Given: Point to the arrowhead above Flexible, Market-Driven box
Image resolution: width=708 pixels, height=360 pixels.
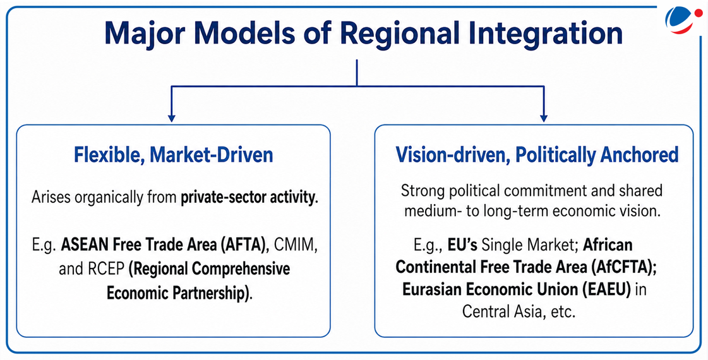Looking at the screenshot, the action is tap(171, 118).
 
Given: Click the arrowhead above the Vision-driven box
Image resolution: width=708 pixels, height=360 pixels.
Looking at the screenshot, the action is tap(544, 118).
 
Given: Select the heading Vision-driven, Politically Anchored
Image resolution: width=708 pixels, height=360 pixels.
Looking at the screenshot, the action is tap(537, 155).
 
